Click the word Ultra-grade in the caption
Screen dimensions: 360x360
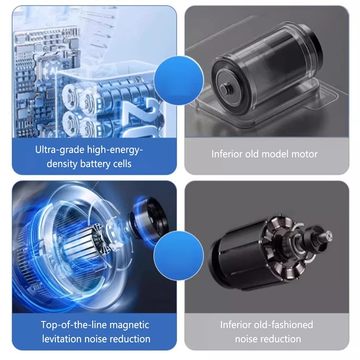60,150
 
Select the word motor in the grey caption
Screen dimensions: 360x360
305,154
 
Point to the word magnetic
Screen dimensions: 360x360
129,325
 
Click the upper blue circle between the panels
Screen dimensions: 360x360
179,81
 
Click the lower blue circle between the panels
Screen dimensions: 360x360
179,255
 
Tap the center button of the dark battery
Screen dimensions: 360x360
224,87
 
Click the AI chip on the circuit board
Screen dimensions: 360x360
50,70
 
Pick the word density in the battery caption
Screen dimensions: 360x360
62,164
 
